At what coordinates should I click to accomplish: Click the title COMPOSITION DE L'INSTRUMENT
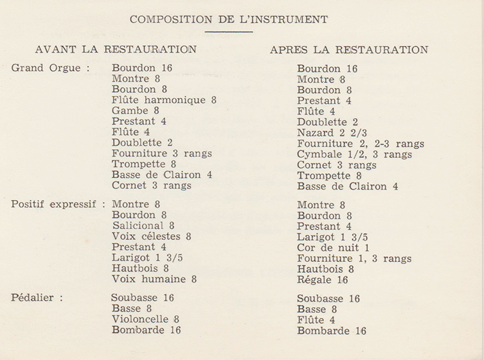coord(228,19)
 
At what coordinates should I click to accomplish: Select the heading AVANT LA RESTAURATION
coord(116,49)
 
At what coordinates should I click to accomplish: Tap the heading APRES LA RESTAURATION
coord(349,50)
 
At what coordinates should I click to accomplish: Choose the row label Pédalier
coord(37,298)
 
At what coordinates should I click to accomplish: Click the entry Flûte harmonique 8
coord(164,100)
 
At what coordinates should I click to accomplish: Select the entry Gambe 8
coord(136,110)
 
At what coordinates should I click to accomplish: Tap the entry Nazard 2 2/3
coord(334,133)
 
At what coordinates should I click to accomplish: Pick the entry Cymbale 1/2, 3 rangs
coord(354,154)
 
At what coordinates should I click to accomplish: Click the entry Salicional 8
coord(143,225)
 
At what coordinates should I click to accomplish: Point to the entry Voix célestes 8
coord(152,236)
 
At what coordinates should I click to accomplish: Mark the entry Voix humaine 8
coord(154,279)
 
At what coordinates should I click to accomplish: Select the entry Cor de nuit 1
coord(333,248)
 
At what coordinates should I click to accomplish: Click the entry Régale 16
coord(323,280)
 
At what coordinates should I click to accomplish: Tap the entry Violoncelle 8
coord(145,319)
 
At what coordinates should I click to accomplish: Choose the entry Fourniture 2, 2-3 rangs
coord(361,144)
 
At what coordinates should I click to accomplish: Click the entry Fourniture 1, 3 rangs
coord(354,259)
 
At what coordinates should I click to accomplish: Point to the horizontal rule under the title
coord(228,31)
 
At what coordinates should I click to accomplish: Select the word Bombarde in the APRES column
coord(321,331)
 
